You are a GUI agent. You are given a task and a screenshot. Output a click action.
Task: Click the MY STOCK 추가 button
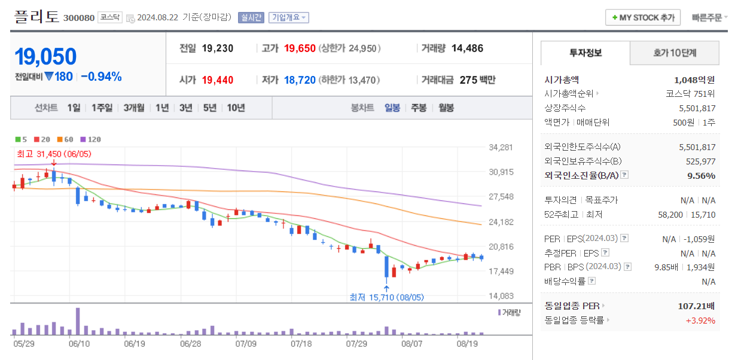(643, 17)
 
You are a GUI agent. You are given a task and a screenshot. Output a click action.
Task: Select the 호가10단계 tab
(675, 53)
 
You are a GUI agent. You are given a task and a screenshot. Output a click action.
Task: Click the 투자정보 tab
(585, 53)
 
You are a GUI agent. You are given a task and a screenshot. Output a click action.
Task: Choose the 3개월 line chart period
(134, 108)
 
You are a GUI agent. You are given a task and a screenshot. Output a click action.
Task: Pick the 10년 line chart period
(236, 108)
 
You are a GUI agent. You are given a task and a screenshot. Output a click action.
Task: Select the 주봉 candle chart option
(419, 108)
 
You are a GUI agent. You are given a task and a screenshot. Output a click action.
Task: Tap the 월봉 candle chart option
(446, 108)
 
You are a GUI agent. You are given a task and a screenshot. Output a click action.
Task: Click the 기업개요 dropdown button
(288, 17)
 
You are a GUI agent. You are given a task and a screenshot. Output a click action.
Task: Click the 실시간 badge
(251, 17)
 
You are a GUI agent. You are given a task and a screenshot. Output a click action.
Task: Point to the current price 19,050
(45, 57)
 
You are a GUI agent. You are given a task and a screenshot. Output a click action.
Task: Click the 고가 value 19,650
(300, 48)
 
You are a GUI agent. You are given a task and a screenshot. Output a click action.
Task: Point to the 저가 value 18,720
(300, 80)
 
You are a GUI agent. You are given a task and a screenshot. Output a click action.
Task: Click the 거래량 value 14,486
(467, 48)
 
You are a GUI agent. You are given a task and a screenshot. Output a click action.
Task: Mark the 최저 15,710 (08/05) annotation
(386, 297)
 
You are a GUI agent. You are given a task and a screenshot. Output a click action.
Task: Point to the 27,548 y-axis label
(501, 197)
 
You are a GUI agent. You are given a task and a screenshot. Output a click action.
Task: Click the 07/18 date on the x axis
(301, 344)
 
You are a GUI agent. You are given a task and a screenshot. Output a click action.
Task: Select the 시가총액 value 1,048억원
(694, 80)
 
